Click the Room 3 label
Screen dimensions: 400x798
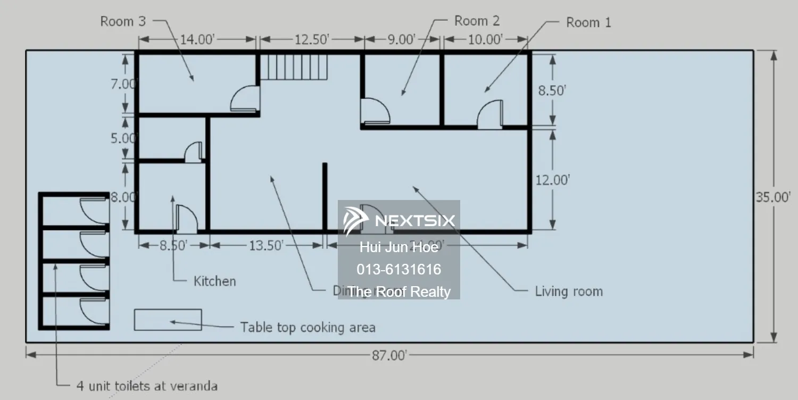point(122,22)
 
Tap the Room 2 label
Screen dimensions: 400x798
point(477,21)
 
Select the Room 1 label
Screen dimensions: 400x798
point(588,22)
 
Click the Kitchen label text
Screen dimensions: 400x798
point(214,281)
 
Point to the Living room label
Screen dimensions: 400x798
point(569,291)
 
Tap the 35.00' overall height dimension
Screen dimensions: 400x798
point(776,197)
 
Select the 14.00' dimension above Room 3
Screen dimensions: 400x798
point(197,39)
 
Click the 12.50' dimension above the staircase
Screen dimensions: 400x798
point(312,39)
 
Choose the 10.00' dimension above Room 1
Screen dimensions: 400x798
point(485,39)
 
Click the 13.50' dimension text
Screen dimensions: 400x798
point(266,245)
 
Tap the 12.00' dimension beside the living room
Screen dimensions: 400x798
point(552,180)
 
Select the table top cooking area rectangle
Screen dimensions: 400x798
point(168,320)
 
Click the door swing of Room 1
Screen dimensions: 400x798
point(490,114)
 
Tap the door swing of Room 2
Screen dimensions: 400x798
point(375,112)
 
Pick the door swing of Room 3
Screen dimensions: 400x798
point(245,99)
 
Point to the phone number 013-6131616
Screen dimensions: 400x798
point(398,270)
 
